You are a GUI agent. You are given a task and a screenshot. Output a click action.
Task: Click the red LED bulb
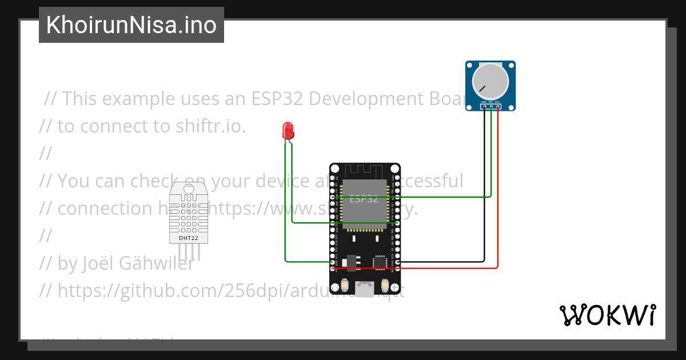coord(288,131)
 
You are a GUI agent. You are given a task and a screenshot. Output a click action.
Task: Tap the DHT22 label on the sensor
coord(188,238)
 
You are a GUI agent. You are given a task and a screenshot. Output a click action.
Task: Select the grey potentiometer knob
coord(490,82)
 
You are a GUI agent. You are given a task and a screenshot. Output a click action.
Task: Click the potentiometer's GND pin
coord(484,106)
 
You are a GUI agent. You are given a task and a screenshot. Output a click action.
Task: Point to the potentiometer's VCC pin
coord(498,106)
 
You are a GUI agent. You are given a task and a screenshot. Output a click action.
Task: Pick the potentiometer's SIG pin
coord(491,106)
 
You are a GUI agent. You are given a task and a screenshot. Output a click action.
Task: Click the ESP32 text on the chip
coord(364,199)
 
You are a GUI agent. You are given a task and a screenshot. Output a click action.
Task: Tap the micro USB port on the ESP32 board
coord(364,289)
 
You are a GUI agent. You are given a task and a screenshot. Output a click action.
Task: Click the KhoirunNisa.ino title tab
coord(131,25)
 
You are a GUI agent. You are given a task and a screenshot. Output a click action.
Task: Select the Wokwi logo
coord(607,315)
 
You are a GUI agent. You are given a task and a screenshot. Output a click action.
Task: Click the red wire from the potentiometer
coord(498,189)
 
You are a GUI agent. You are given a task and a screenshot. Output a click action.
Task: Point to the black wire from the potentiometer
coord(484,189)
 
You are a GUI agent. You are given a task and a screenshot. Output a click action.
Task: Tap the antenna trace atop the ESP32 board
coord(364,170)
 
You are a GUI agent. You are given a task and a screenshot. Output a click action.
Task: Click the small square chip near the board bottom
coord(379,262)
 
